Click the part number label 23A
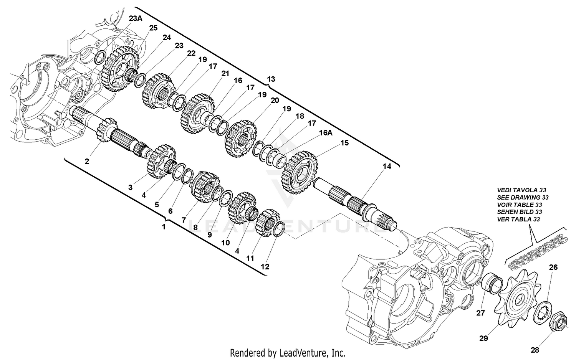pos(136,18)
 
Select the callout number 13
pos(271,79)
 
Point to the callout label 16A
pos(325,133)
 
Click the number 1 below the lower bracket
pos(164,226)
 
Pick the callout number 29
pos(483,338)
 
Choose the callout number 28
pos(535,350)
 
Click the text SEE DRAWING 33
pos(523,197)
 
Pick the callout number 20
pos(275,101)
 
